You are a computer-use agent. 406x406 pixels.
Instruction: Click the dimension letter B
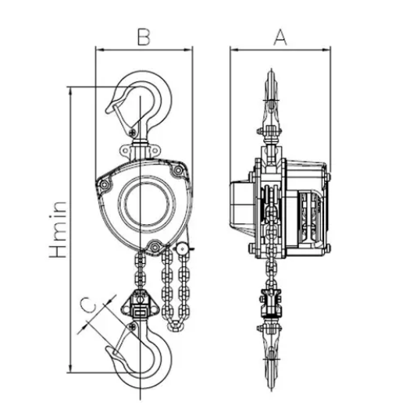(x=144, y=37)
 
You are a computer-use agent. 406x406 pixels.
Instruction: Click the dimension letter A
(x=280, y=37)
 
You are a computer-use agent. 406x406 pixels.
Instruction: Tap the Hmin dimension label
(x=58, y=230)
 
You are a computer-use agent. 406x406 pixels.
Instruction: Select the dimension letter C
(x=88, y=305)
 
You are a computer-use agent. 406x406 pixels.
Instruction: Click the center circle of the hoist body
(x=147, y=203)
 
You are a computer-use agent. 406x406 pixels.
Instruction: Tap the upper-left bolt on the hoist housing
(x=105, y=184)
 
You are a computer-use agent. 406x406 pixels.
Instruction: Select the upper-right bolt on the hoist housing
(x=178, y=170)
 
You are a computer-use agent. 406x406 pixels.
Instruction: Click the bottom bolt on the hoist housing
(x=155, y=247)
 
